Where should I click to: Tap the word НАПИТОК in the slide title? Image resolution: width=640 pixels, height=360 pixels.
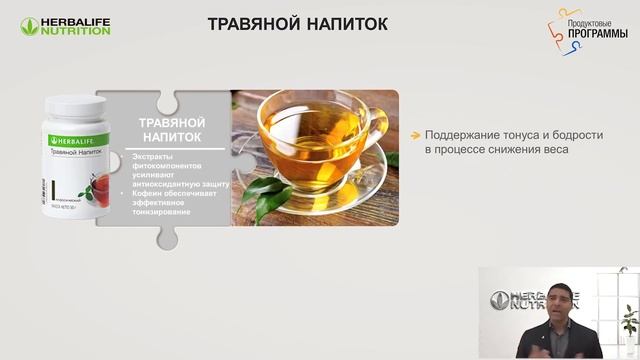click(x=347, y=23)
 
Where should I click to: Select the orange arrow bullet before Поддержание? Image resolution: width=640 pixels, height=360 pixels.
click(x=415, y=135)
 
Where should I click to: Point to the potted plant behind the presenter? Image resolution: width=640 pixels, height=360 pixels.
click(x=629, y=324)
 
